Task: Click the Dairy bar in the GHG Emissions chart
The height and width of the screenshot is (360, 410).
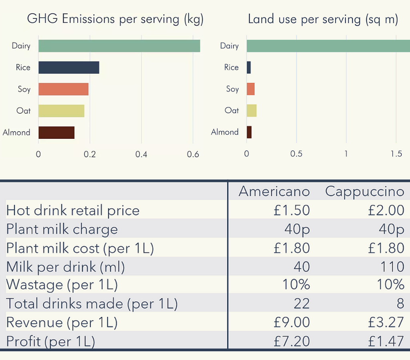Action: tap(119, 46)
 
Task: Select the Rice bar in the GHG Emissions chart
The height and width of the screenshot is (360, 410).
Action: tap(68, 68)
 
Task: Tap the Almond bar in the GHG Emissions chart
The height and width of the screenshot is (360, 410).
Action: tap(56, 132)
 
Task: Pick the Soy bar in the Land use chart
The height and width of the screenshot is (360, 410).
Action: tap(251, 89)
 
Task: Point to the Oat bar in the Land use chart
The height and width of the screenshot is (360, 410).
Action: tap(251, 111)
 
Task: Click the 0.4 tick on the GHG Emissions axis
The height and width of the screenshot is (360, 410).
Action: tap(141, 154)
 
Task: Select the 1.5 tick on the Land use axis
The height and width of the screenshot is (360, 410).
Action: tap(396, 154)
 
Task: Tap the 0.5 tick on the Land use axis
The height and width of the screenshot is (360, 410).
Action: tap(296, 154)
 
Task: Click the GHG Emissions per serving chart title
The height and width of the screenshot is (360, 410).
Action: tap(115, 19)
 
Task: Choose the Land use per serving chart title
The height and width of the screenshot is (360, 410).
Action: tap(323, 19)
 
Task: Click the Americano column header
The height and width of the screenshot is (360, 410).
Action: tap(274, 192)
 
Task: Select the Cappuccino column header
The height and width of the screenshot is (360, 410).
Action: tap(364, 192)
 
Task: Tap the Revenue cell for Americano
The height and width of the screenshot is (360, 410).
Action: tap(291, 322)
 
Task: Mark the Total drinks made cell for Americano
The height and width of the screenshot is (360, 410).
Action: tap(301, 304)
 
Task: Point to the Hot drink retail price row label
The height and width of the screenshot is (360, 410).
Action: tap(73, 210)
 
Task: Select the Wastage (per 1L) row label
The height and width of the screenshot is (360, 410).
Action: tap(62, 285)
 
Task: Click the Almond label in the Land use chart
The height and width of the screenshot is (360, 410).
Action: tap(225, 132)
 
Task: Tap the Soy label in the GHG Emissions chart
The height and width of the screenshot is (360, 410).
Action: tap(24, 89)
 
